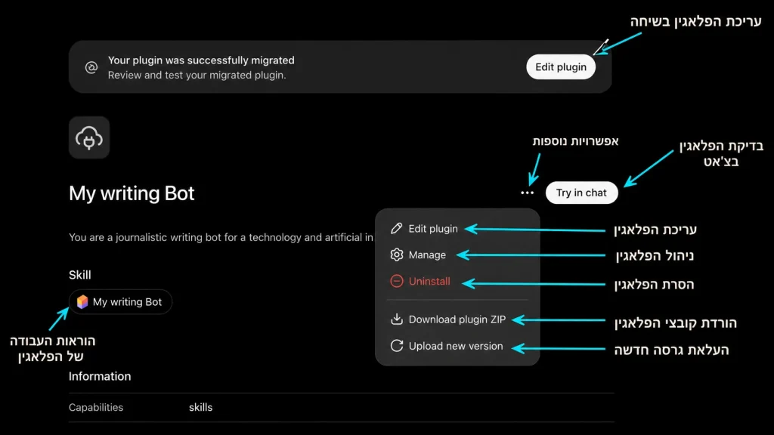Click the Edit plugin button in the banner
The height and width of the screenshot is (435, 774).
click(561, 67)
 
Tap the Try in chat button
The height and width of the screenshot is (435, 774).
click(581, 193)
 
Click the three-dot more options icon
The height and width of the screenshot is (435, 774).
click(527, 193)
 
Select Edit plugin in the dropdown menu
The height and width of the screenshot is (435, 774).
click(425, 228)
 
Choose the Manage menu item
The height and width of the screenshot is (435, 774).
click(418, 255)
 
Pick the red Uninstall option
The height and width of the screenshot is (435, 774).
click(420, 281)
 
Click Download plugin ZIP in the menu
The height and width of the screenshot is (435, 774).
click(448, 319)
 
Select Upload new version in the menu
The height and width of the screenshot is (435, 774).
click(447, 346)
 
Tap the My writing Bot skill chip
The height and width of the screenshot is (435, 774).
click(120, 302)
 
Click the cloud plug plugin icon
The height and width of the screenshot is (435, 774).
click(89, 137)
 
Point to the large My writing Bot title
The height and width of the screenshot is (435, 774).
click(132, 193)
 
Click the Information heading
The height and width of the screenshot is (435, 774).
click(100, 376)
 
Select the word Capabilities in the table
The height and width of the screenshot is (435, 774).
click(96, 407)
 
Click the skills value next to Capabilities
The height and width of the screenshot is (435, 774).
click(200, 407)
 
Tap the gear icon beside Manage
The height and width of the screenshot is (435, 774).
click(397, 255)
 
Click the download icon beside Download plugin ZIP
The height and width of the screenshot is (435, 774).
click(397, 319)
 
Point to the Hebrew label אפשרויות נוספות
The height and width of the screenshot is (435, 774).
click(575, 141)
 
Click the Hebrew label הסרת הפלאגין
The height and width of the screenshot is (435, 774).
click(654, 285)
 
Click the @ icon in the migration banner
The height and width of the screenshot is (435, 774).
click(91, 67)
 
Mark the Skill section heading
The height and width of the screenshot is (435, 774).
click(80, 275)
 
